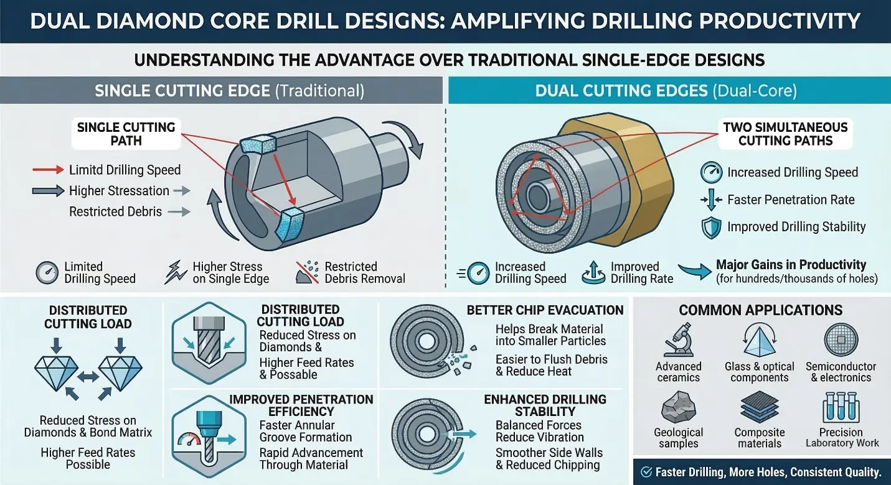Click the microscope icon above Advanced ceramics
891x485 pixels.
click(678, 340)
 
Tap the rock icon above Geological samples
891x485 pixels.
click(679, 407)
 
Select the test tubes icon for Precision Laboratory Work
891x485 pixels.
click(841, 407)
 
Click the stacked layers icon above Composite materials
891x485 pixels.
click(760, 407)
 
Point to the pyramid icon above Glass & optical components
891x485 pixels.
click(760, 340)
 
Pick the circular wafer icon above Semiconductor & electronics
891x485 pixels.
click(841, 339)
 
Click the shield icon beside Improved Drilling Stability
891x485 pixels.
click(711, 228)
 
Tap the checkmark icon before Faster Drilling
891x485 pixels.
click(646, 472)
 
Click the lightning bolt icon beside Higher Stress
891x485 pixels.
click(176, 272)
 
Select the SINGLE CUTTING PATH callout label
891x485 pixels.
click(126, 134)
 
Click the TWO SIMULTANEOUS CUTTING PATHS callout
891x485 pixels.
click(785, 134)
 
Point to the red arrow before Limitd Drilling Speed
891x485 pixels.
click(48, 170)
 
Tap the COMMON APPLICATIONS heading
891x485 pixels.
click(760, 310)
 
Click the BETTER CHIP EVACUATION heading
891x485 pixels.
click(545, 310)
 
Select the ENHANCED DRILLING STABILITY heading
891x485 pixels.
click(545, 405)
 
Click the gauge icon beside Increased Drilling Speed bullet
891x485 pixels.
click(711, 172)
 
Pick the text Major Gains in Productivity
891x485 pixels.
click(791, 264)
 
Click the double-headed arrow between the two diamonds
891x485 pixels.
click(88, 377)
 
